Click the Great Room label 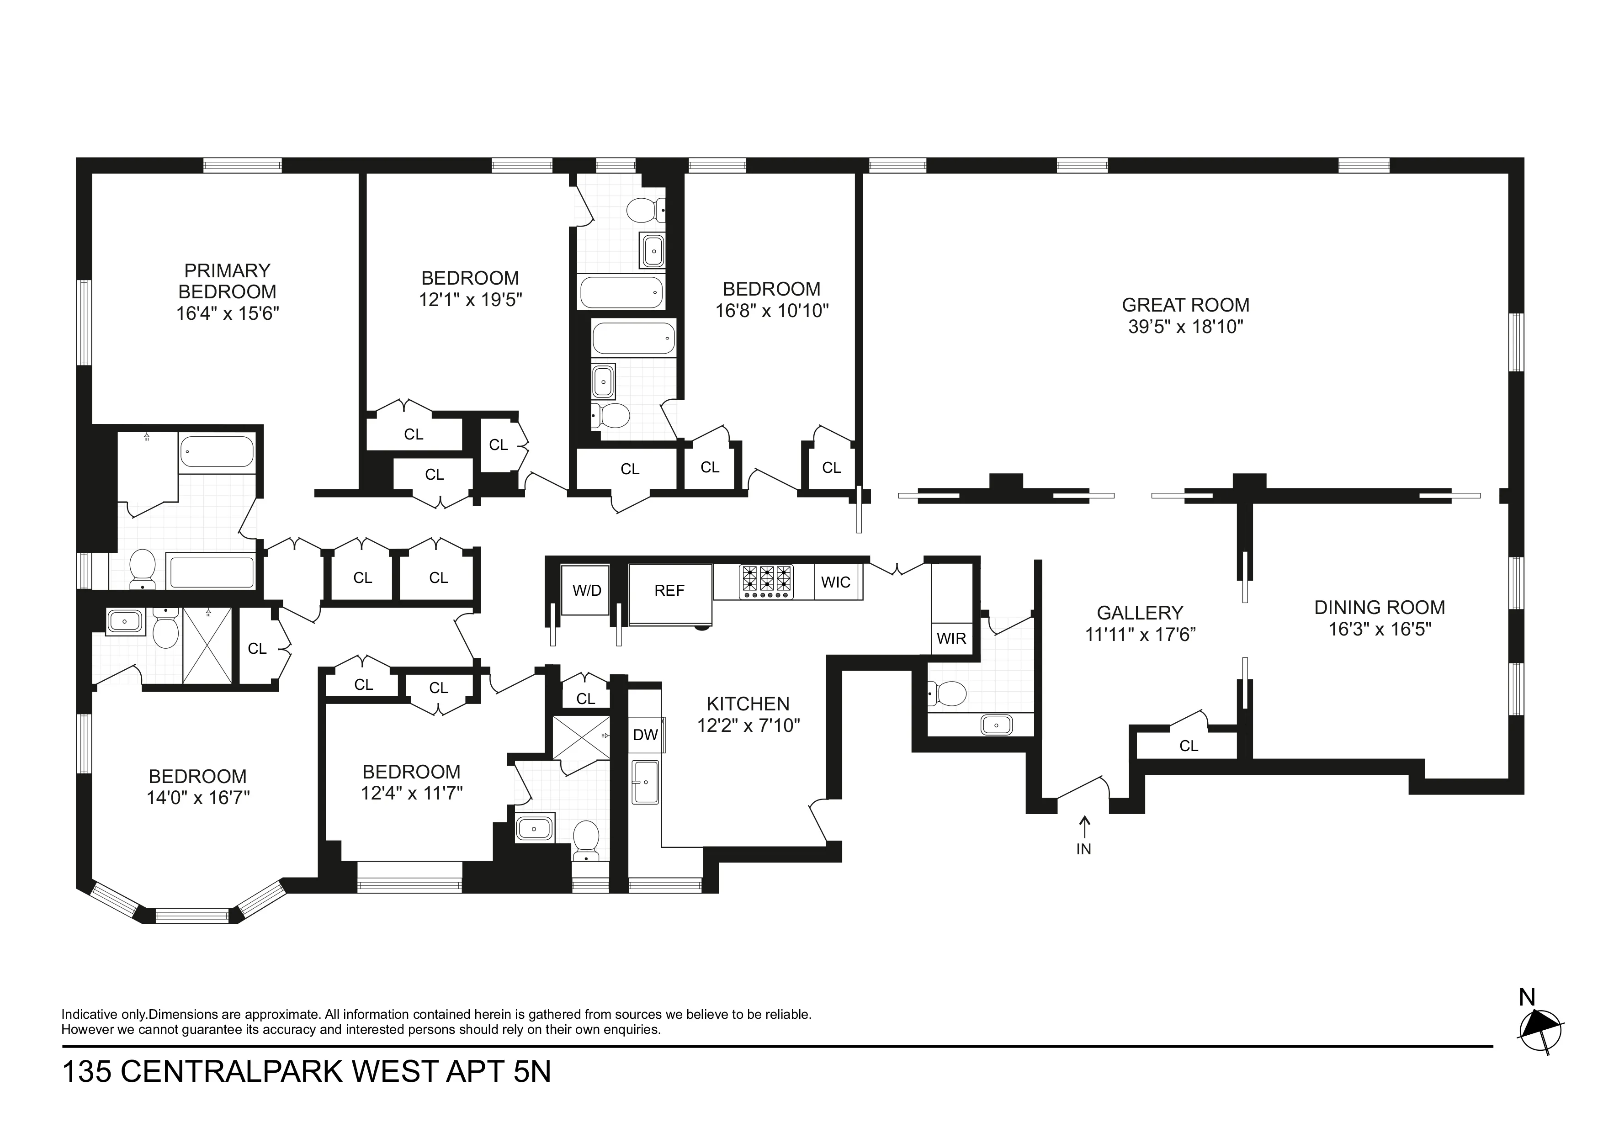[x=1185, y=305]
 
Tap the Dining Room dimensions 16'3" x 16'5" [x=1380, y=630]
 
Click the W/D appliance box [x=586, y=591]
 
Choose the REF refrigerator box [x=669, y=591]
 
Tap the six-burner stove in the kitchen [x=767, y=582]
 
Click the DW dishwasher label [x=645, y=734]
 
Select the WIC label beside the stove [x=836, y=582]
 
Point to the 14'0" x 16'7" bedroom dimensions [x=198, y=798]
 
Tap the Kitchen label [x=748, y=704]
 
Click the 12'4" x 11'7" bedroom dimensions [x=411, y=793]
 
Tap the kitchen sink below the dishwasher [x=645, y=782]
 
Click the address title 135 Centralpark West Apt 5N [x=307, y=1072]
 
